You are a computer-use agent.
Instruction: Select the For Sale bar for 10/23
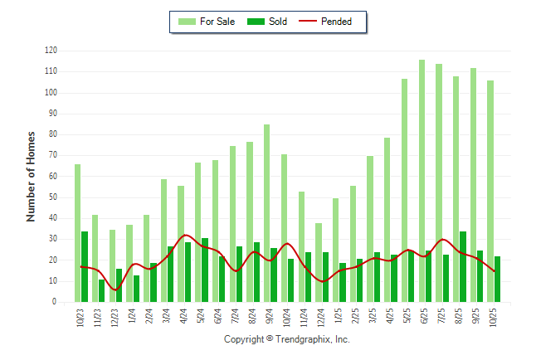(77, 233)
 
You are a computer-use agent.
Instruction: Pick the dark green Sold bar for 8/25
(463, 267)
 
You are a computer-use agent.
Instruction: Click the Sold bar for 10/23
(85, 267)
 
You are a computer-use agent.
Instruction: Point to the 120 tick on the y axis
(51, 51)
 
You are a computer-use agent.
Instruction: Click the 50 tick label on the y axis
(52, 197)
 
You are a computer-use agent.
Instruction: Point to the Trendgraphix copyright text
(287, 340)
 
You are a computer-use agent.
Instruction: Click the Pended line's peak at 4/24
(185, 235)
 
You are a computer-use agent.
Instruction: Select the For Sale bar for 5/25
(405, 191)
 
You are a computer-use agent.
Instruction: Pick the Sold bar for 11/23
(102, 291)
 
